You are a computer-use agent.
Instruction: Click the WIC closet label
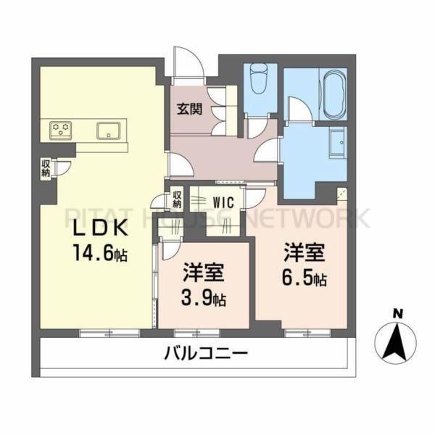(223, 202)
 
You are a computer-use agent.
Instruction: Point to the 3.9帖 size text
(203, 298)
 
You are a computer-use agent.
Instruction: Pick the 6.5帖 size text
(304, 278)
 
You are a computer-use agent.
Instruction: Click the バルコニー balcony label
(206, 355)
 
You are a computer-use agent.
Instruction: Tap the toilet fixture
(259, 78)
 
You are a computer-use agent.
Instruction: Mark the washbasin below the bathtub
(337, 141)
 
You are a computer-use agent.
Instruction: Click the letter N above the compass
(397, 313)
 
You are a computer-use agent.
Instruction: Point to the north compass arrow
(397, 341)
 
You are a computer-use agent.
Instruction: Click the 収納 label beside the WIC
(177, 199)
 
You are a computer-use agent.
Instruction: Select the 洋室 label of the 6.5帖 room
(304, 254)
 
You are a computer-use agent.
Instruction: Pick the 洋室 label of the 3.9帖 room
(203, 274)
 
